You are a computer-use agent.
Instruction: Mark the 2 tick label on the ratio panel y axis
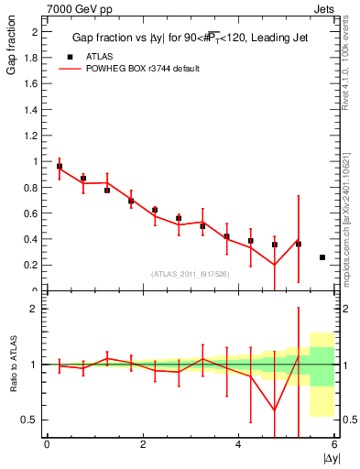[x=37, y=309]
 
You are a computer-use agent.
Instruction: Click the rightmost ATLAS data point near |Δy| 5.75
[x=322, y=257]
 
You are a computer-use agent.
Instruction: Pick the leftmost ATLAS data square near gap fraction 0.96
[x=60, y=167]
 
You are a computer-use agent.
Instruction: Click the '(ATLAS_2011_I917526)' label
[x=189, y=273]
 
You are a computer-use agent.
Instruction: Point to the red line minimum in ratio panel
[x=275, y=409]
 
